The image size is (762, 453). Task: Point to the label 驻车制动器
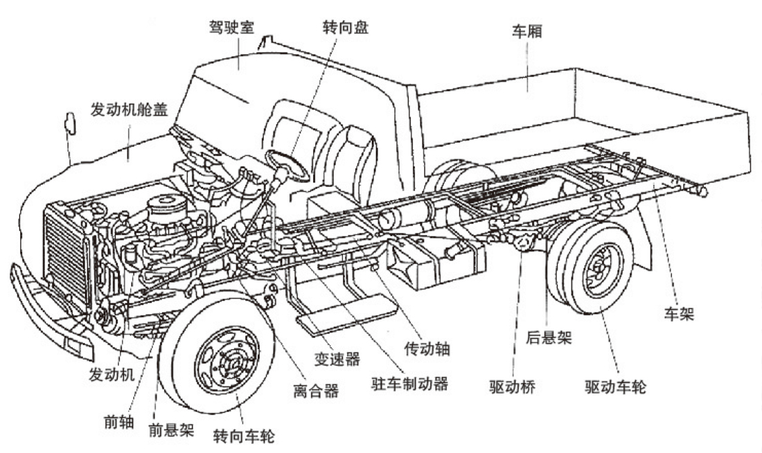tap(406, 383)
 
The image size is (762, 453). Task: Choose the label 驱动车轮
tap(615, 387)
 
